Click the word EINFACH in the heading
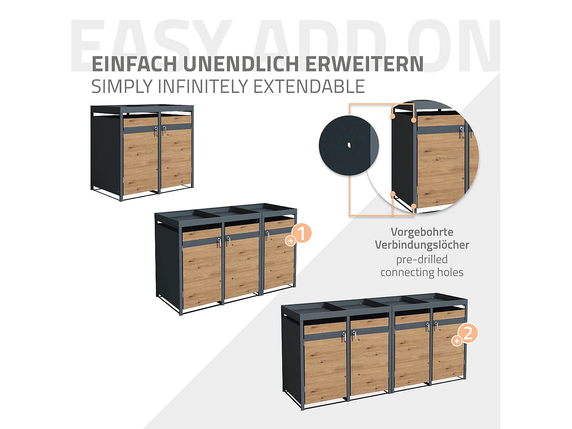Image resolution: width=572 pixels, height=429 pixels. coord(134,64)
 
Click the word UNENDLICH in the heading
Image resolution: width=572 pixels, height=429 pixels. coord(241,64)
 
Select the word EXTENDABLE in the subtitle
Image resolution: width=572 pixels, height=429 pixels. coord(309,87)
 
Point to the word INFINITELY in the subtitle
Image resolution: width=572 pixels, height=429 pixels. coord(204,87)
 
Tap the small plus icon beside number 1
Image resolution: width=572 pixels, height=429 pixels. coord(291,241)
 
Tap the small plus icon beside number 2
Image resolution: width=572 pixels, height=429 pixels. coord(456,341)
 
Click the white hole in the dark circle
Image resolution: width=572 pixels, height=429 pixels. coord(349,145)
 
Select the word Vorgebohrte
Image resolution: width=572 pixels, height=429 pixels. coord(422,232)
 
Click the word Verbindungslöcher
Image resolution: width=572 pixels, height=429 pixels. coord(422,245)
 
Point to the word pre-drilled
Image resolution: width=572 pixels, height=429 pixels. coord(422,259)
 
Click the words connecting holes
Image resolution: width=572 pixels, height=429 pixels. coord(422,272)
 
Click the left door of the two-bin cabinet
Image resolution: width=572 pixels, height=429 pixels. coord(140,160)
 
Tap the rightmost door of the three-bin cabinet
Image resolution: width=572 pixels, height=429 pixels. coord(278,259)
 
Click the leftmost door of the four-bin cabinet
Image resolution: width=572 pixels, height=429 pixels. coord(325,362)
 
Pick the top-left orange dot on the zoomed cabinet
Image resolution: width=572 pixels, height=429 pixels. coord(392,116)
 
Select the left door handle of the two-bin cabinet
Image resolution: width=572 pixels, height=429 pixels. coord(156,131)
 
